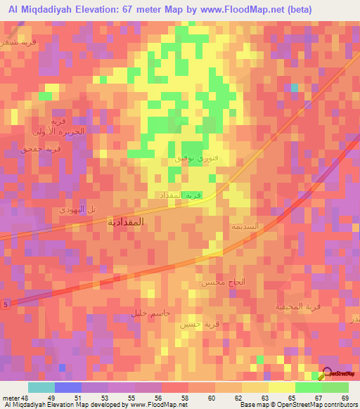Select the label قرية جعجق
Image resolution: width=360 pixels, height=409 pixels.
coord(42,149)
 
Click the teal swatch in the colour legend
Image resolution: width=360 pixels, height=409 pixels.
coord(41,387)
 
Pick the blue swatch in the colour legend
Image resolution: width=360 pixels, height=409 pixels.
coord(68,387)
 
